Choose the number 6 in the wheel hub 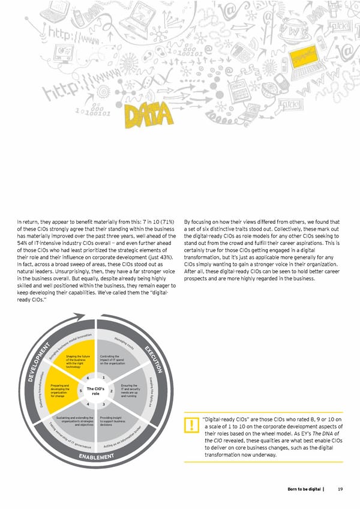click(x=88, y=378)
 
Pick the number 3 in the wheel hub click(x=104, y=405)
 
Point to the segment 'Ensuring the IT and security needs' click(x=129, y=390)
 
